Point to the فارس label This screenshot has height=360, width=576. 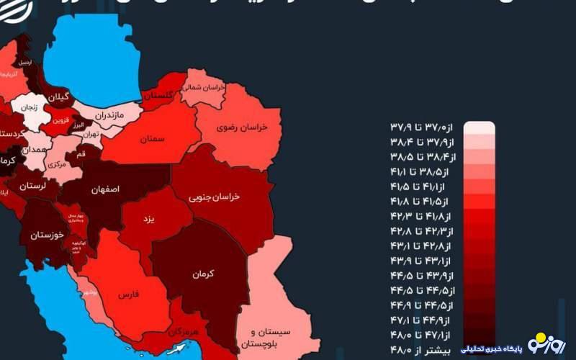click(x=127, y=294)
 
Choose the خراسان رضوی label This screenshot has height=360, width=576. click(x=243, y=127)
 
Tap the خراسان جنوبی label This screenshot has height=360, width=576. click(x=214, y=196)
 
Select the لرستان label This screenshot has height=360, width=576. click(x=32, y=186)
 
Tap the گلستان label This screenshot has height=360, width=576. click(x=159, y=95)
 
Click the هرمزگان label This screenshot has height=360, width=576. click(x=186, y=332)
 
